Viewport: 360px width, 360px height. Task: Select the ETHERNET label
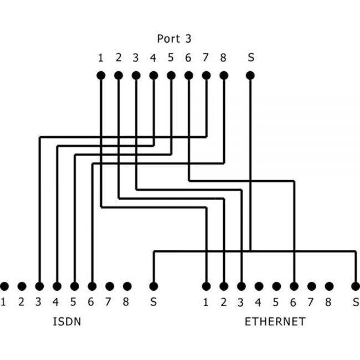click(275, 322)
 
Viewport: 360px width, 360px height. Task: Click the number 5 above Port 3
click(171, 57)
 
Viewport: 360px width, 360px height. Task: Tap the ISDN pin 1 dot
click(4, 286)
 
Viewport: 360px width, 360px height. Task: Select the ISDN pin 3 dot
click(39, 286)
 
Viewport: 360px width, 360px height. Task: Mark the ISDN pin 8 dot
click(127, 286)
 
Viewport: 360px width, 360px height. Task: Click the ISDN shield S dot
click(154, 286)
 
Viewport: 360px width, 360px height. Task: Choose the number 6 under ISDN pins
click(92, 302)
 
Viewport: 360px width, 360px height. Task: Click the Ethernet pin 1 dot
click(206, 286)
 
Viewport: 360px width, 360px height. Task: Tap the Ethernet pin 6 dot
click(294, 286)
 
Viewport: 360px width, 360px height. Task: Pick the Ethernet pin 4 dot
click(259, 286)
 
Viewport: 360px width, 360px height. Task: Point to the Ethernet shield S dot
click(356, 286)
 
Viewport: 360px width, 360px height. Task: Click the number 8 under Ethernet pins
click(330, 302)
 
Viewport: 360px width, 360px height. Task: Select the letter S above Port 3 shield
click(251, 57)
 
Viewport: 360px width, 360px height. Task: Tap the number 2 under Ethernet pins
click(224, 302)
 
